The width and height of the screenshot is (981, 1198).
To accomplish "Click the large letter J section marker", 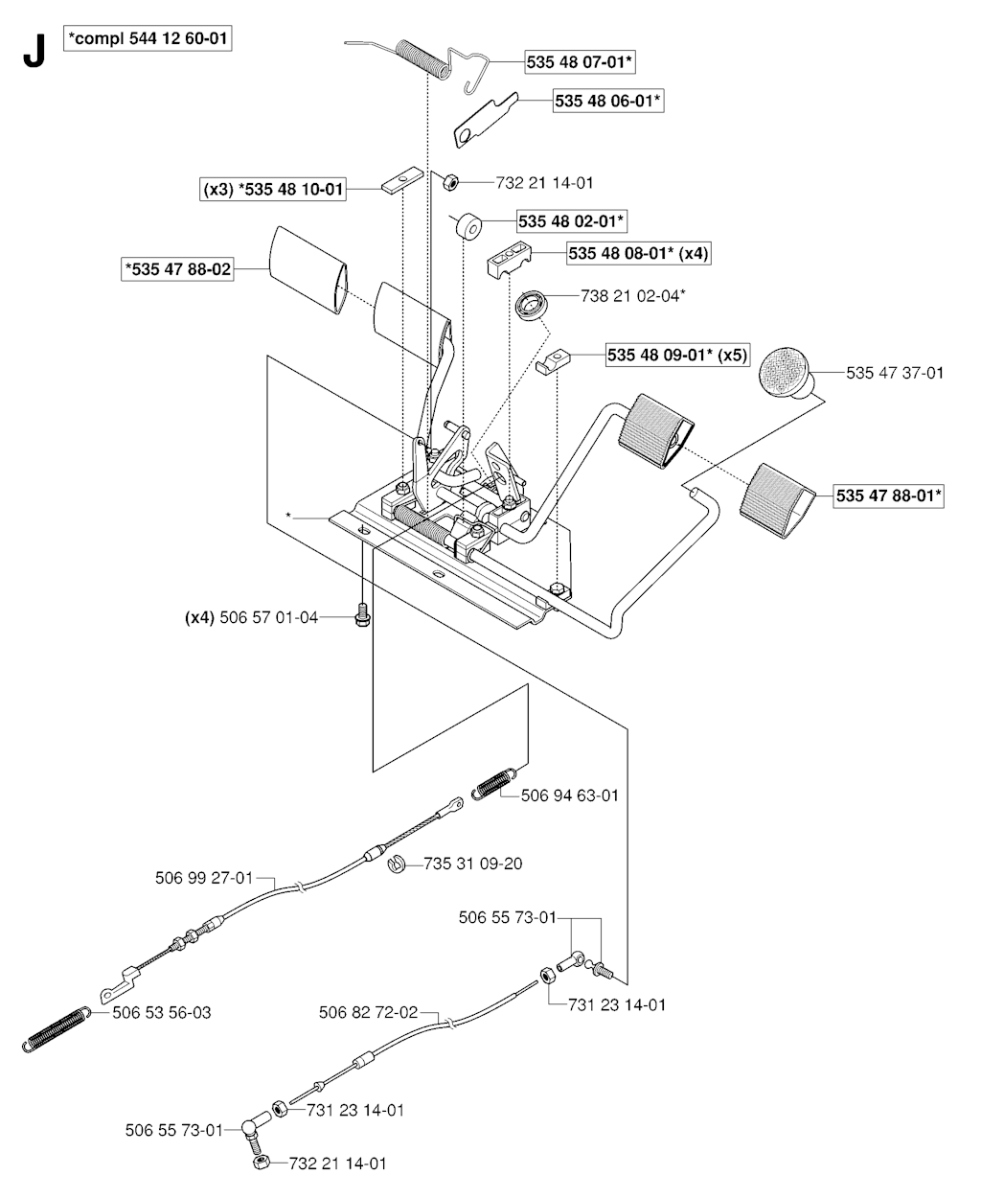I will coord(34,53).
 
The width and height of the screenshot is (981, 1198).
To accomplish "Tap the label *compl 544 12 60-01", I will coord(148,38).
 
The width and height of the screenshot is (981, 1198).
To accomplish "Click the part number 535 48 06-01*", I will coord(608,101).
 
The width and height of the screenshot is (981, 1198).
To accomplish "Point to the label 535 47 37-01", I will coord(895,372).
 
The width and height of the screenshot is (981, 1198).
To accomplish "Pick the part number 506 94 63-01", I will coord(570,795).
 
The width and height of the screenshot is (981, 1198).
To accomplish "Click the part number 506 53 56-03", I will coord(162,1012).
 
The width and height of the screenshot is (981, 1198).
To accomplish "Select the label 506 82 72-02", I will coord(369,1012).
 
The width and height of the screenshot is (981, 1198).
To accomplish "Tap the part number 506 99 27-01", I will coord(203,877).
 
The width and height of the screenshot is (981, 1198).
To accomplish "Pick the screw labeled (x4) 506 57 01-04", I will coord(361,614).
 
